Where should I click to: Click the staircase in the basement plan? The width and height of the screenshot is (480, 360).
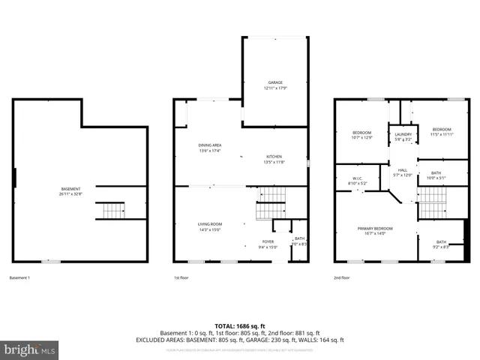(x=112, y=210)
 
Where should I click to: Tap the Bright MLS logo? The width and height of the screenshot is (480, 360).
(x=30, y=349)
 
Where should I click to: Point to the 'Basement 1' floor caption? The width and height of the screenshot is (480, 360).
(x=19, y=277)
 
